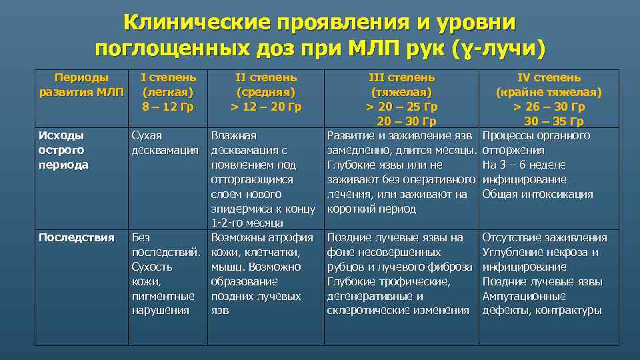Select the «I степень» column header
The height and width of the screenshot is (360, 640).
click(x=168, y=77)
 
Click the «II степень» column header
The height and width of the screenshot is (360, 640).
click(x=266, y=77)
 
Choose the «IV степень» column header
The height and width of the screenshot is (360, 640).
click(x=549, y=77)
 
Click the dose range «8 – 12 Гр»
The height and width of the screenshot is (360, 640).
click(x=168, y=107)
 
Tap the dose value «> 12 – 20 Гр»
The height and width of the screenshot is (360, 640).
click(x=266, y=107)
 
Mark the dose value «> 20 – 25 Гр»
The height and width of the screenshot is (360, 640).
click(x=401, y=107)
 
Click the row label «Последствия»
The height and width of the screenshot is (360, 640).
click(x=77, y=237)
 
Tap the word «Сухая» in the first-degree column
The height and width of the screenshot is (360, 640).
click(x=147, y=136)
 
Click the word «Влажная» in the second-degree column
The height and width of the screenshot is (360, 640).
click(x=233, y=136)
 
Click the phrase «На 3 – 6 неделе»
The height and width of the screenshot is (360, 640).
click(x=524, y=165)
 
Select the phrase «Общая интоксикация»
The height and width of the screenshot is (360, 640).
click(x=537, y=194)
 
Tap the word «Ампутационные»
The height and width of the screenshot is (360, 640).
click(x=524, y=296)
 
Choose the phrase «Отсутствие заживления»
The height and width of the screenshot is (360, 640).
click(x=545, y=237)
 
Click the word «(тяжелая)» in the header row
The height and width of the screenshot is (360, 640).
click(x=401, y=92)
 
